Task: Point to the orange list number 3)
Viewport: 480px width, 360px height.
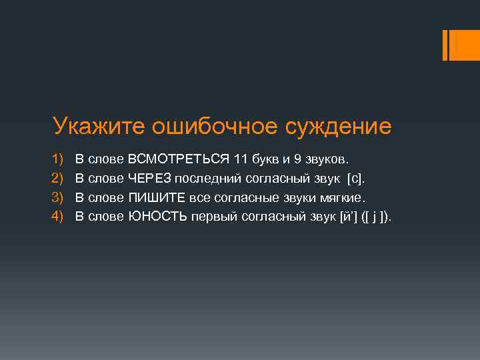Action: [59, 197]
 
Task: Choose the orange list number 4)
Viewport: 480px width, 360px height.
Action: [59, 216]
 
